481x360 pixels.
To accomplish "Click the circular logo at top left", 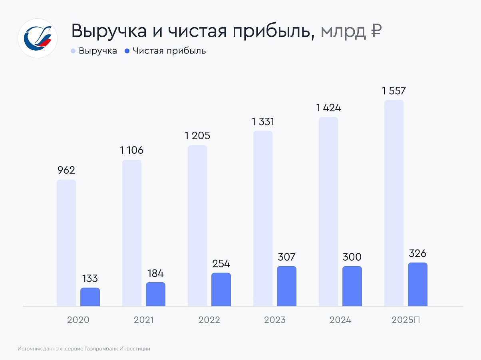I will point(38,38).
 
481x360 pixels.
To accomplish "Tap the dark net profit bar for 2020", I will point(90,297).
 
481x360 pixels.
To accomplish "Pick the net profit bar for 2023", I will point(286,286).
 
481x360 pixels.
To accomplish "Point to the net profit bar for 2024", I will point(352,286).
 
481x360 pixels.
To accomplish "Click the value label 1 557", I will point(394,91).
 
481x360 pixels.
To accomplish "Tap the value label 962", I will point(66,170).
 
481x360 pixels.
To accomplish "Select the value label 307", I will point(286,257).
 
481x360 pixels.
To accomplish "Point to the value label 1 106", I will point(132,150).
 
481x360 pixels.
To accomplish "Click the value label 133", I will point(90,278).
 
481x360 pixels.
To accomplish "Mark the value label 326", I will point(417,253).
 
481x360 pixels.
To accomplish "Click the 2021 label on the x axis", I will point(143,320).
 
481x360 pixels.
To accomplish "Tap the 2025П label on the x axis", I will point(406,320).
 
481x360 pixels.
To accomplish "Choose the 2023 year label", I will point(274,320).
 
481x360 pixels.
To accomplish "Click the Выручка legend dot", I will point(73,51).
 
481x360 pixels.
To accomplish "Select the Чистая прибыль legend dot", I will point(127,51).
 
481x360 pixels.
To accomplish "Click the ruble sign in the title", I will point(375,31).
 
